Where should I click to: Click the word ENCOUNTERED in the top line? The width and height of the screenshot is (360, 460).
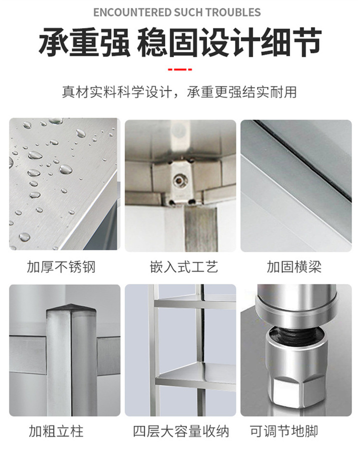point(132,12)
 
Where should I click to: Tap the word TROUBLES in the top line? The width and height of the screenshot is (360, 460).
point(233,12)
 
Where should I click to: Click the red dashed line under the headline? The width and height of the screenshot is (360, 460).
point(179,69)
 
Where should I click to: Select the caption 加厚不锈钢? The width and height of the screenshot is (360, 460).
point(61,267)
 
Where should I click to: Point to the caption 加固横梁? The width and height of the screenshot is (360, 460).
point(294,267)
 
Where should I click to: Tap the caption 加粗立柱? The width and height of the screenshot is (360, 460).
point(56,431)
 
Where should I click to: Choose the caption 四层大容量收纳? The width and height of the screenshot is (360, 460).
point(181,431)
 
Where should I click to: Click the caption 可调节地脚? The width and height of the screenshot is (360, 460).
point(284,431)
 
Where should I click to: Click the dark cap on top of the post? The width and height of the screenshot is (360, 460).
point(71,308)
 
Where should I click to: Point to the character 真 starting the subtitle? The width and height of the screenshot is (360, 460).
point(68,92)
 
